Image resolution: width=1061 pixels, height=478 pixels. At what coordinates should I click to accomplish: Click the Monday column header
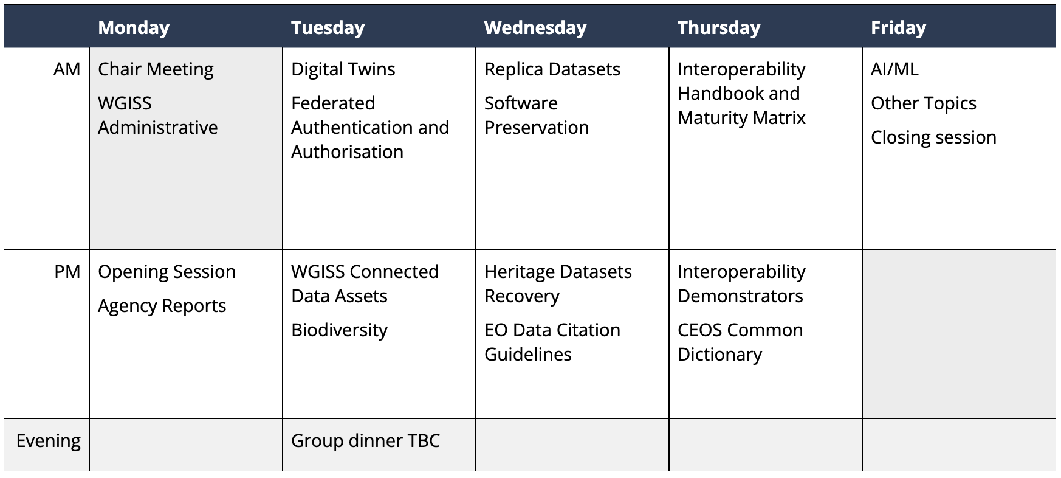[x=134, y=28]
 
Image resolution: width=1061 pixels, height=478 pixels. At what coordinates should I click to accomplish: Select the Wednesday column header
[x=535, y=28]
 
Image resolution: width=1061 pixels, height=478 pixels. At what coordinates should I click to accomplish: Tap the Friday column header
[x=898, y=28]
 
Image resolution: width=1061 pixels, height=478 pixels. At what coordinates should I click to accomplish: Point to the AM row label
[x=67, y=69]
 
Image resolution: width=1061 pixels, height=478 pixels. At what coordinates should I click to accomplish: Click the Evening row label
[x=49, y=441]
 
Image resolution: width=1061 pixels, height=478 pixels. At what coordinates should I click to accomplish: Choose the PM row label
[x=67, y=272]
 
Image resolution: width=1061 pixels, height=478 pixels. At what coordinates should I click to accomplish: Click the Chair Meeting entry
[x=156, y=70]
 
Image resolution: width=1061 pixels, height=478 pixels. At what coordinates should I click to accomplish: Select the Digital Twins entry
[x=343, y=70]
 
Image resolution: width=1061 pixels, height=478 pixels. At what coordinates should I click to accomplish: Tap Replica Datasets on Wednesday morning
[x=552, y=70]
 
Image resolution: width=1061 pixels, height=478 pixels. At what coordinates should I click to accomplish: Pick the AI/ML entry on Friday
[x=894, y=69]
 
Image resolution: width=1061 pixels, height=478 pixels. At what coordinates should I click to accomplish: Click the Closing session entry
[x=933, y=137]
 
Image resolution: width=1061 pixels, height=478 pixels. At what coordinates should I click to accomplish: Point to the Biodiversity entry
[x=339, y=330]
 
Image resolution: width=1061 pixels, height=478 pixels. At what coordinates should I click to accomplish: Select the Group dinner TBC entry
[x=365, y=441]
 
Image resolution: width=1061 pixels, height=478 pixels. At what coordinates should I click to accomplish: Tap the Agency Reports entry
[x=162, y=307]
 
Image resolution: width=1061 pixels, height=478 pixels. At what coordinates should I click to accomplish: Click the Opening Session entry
[x=167, y=272]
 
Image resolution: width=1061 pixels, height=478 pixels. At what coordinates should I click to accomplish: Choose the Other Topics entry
[x=924, y=104]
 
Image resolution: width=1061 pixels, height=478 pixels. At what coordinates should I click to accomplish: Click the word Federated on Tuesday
[x=333, y=103]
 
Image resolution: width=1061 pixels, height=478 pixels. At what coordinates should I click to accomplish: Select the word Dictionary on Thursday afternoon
[x=719, y=355]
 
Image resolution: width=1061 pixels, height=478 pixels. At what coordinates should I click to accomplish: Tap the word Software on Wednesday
[x=521, y=103]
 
